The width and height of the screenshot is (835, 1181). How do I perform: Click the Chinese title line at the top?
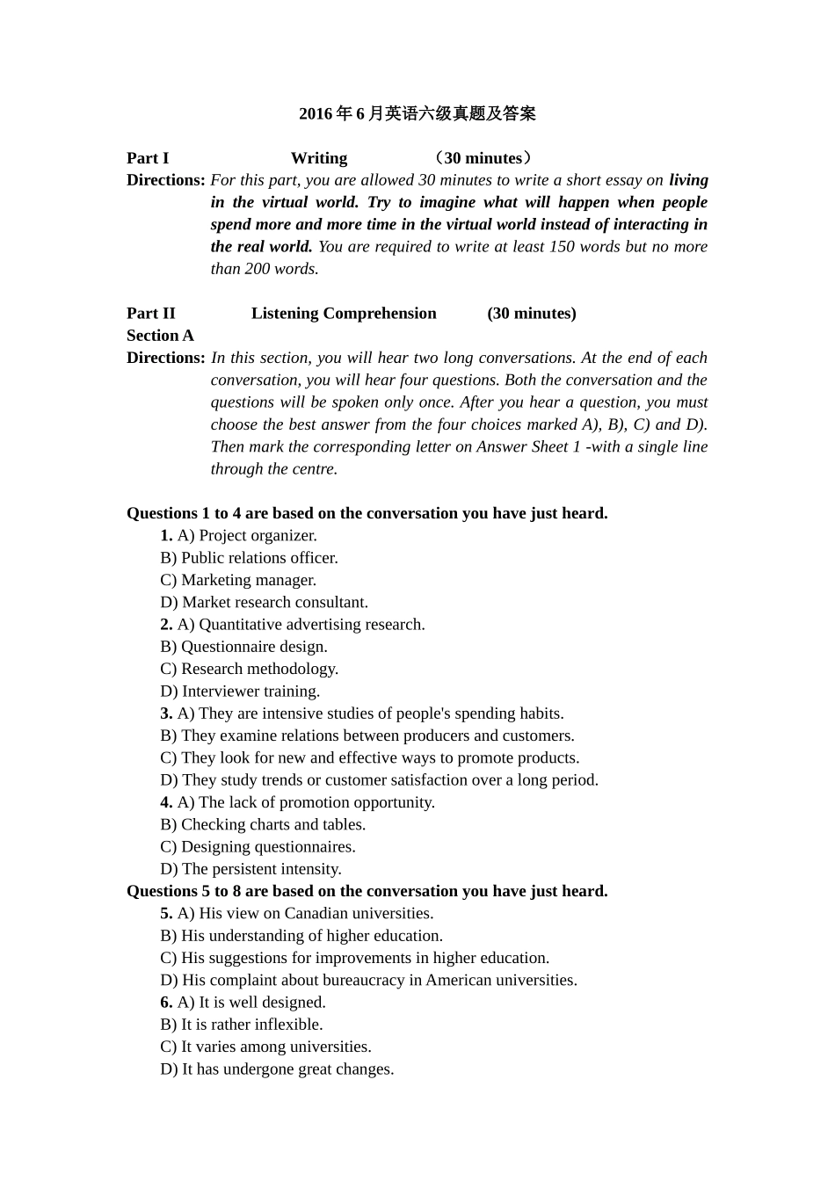tap(417, 113)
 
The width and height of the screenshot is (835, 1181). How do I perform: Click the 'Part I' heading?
tap(148, 158)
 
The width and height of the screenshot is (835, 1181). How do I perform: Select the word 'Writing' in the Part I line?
tap(319, 158)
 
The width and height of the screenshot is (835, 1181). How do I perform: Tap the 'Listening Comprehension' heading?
tap(344, 314)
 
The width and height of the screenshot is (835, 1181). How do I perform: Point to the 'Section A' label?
tap(160, 336)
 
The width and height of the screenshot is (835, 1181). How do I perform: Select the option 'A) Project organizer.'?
tap(247, 536)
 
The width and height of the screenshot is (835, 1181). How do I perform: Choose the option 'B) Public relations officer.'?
tap(249, 558)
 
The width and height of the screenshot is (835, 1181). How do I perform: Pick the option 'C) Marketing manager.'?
tap(238, 580)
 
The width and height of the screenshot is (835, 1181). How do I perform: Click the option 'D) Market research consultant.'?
tap(264, 603)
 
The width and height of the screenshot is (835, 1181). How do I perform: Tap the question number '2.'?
tap(166, 625)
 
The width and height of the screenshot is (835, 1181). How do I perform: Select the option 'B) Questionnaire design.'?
tap(243, 647)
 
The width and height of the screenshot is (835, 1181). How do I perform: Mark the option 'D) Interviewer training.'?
tap(240, 692)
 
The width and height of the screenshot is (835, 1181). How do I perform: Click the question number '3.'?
tap(166, 714)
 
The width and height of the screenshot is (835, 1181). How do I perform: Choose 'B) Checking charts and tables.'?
tap(263, 824)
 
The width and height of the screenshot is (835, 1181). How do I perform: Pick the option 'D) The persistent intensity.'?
tap(250, 869)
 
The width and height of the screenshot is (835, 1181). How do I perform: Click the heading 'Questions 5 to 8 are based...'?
tap(367, 891)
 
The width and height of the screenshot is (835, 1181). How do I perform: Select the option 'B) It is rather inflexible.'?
tap(242, 1025)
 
